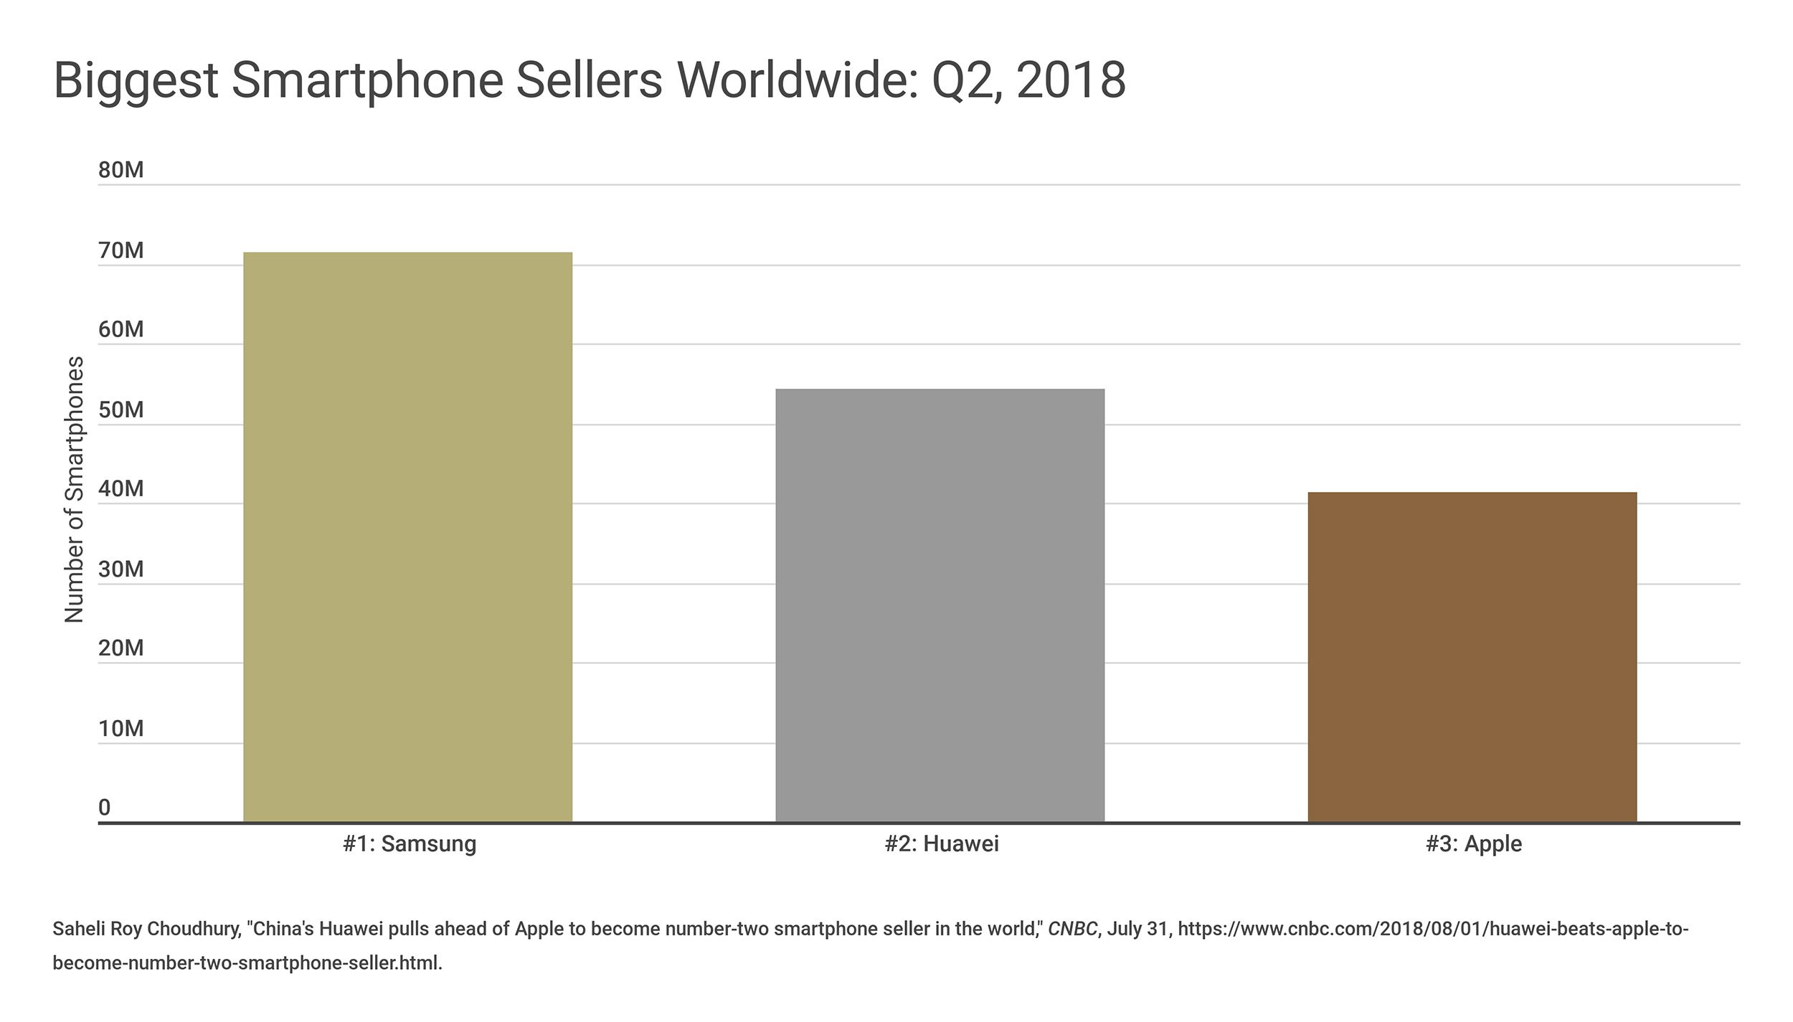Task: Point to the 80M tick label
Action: click(x=121, y=170)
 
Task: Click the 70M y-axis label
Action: click(x=121, y=250)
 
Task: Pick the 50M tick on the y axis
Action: click(x=121, y=410)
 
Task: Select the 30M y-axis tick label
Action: click(x=121, y=569)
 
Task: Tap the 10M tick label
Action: click(x=121, y=728)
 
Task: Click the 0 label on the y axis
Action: click(x=105, y=808)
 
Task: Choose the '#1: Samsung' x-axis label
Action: click(x=410, y=843)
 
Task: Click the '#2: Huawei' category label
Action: click(x=941, y=843)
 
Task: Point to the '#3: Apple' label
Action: click(x=1473, y=843)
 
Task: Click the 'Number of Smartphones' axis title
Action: click(x=75, y=489)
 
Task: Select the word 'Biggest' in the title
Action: click(x=136, y=81)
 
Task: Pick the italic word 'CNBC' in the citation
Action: click(x=1072, y=929)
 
